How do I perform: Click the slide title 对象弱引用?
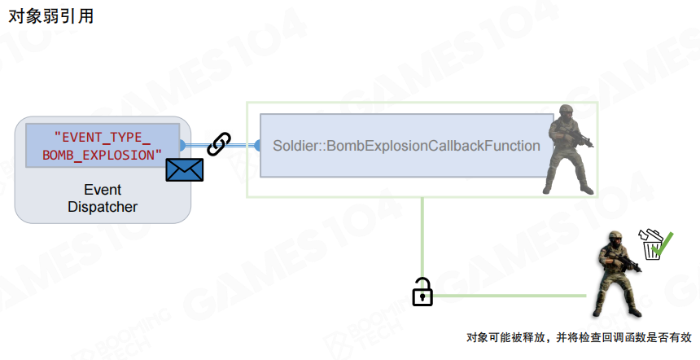pyautogui.click(x=50, y=15)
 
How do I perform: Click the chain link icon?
pyautogui.click(x=219, y=144)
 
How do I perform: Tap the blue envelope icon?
pyautogui.click(x=184, y=169)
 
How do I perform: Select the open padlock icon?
pyautogui.click(x=422, y=292)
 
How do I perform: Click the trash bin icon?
pyautogui.click(x=651, y=246)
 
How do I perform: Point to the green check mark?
pyautogui.click(x=663, y=243)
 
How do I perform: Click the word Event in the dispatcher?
pyautogui.click(x=103, y=190)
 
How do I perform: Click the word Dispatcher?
pyautogui.click(x=103, y=207)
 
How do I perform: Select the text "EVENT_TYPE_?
pyautogui.click(x=103, y=136)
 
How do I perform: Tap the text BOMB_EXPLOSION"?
pyautogui.click(x=103, y=154)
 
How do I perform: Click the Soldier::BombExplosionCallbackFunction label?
pyautogui.click(x=406, y=147)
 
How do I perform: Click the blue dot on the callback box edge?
pyautogui.click(x=257, y=146)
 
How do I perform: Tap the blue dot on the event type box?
pyautogui.click(x=182, y=145)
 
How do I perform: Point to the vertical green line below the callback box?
pyautogui.click(x=422, y=236)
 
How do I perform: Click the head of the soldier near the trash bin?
pyautogui.click(x=616, y=238)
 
